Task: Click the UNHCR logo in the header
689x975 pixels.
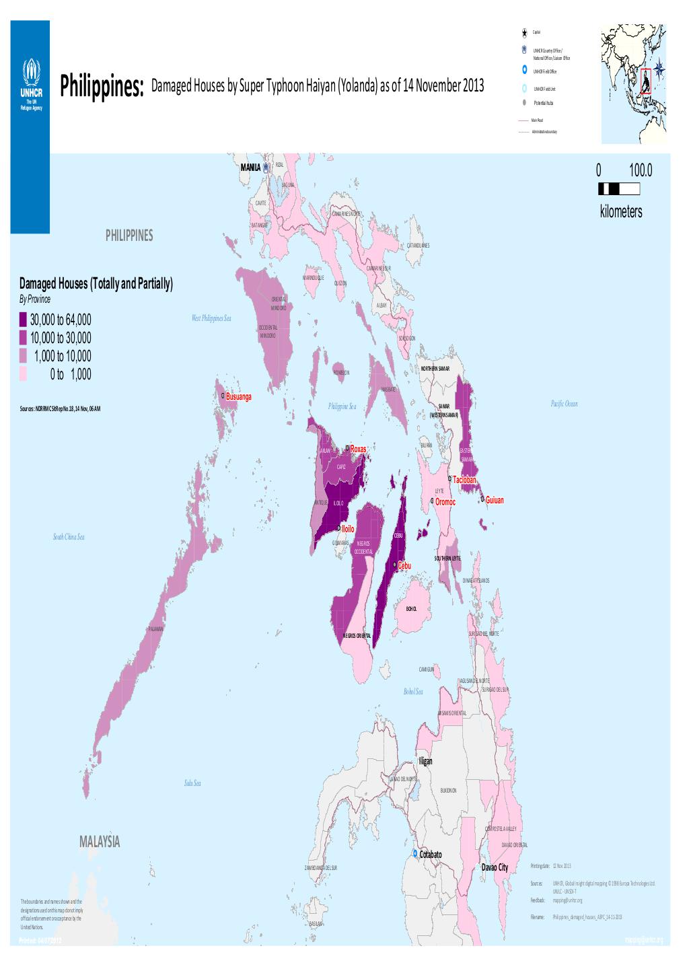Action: (30, 85)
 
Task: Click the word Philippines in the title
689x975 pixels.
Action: (102, 87)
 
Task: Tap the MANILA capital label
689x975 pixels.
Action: (250, 166)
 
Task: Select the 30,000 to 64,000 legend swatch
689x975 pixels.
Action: (23, 319)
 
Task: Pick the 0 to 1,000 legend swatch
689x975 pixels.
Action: (23, 374)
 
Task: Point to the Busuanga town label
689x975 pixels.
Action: (238, 397)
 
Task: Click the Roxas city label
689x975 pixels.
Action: (357, 448)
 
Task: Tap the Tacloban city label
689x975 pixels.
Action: (464, 480)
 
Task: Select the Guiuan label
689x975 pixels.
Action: (495, 501)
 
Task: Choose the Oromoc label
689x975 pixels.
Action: (445, 502)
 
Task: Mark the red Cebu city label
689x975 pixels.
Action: (404, 566)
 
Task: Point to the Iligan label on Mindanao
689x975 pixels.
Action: (425, 761)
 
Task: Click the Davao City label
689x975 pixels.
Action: (495, 867)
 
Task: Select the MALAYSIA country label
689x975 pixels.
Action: (99, 842)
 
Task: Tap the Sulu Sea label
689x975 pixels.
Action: (192, 783)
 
